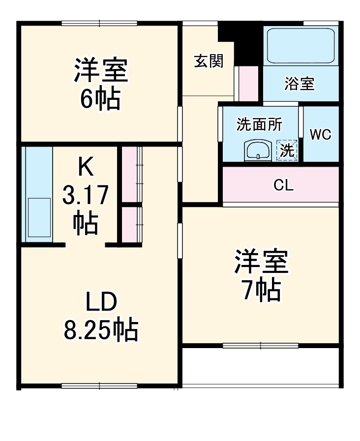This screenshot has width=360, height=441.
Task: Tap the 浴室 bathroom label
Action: coord(299,84)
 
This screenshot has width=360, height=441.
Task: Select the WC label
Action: coord(320,135)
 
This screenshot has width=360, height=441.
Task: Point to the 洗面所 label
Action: coord(259,125)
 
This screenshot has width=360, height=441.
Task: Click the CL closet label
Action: coord(283,185)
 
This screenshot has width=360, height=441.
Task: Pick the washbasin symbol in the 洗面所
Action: coord(258,150)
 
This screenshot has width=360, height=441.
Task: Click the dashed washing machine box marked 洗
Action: coord(287,150)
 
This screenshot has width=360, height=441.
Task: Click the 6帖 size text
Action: coord(100,100)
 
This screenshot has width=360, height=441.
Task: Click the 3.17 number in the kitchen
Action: coord(86,197)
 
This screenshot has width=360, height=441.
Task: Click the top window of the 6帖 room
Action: coord(99,23)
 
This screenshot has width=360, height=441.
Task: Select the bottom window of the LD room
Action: coord(99,386)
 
